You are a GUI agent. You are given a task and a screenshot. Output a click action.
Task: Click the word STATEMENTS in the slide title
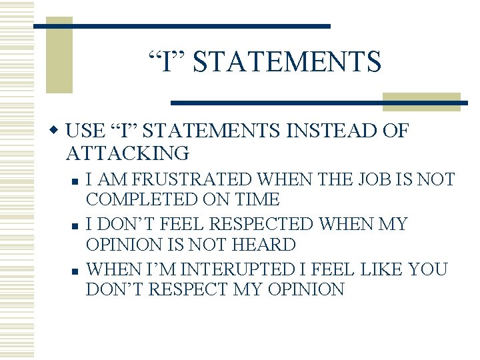point(287,61)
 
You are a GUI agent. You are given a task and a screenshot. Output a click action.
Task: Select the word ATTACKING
point(127,153)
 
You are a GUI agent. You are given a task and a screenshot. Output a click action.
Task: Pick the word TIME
point(260,199)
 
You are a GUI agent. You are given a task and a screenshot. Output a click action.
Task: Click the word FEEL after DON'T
point(179,225)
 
